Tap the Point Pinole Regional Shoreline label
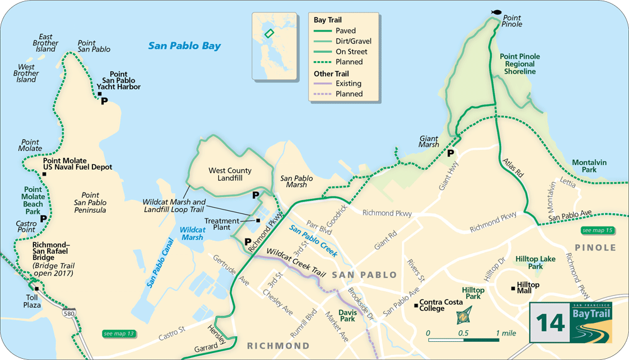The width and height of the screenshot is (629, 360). tap(520, 64)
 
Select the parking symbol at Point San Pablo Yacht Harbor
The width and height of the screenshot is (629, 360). tap(104, 101)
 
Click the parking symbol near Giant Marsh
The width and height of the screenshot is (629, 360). tap(451, 153)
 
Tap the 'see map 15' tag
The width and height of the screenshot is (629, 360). tap(597, 230)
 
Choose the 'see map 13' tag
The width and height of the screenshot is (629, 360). tap(119, 333)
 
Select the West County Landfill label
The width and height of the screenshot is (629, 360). tap(230, 175)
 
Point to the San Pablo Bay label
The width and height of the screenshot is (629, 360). tap(184, 46)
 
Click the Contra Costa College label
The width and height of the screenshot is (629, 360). tap(442, 305)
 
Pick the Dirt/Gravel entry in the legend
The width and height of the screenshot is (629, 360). tap(351, 41)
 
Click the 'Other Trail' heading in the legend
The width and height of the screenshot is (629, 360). tap(331, 74)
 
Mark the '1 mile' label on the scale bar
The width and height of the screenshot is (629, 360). tap(506, 332)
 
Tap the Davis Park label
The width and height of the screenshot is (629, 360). tap(347, 315)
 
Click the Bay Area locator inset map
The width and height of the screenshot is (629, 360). tap(274, 45)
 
